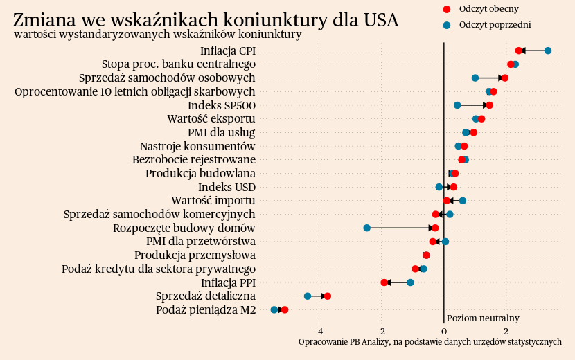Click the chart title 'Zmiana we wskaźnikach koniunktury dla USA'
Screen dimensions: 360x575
click(x=206, y=20)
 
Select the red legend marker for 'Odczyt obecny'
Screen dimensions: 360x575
click(x=446, y=9)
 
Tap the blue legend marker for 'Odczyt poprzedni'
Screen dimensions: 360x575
click(x=446, y=25)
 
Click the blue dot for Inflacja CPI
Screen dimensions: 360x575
click(x=548, y=51)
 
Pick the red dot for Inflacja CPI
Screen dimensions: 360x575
click(x=519, y=51)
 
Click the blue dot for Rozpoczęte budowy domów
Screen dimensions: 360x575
click(x=367, y=228)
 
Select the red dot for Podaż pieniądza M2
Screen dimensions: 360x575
click(x=285, y=309)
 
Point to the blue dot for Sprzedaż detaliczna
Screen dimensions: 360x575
click(x=308, y=296)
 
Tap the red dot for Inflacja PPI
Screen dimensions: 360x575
click(x=384, y=282)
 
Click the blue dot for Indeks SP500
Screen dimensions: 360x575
click(x=457, y=105)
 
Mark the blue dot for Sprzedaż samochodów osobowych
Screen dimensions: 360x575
click(x=475, y=78)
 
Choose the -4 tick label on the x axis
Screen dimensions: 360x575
click(x=319, y=330)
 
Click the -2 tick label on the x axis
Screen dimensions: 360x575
click(x=381, y=330)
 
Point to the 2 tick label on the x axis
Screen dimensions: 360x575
click(x=506, y=330)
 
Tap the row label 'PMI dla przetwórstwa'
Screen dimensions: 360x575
click(x=201, y=242)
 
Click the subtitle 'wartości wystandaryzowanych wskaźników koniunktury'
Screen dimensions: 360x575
click(x=158, y=34)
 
